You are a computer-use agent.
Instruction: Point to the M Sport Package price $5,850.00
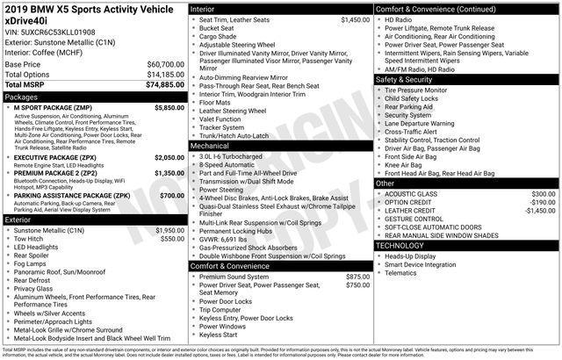pos(169,107)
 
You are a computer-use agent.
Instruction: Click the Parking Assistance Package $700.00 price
pos(172,196)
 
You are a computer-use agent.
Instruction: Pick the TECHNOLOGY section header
pos(400,245)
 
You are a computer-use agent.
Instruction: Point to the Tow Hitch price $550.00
pos(172,239)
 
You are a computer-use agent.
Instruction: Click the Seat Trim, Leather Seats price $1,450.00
pos(355,19)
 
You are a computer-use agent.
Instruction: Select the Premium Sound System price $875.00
pos(357,277)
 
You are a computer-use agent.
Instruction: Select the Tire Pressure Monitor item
pos(415,90)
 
